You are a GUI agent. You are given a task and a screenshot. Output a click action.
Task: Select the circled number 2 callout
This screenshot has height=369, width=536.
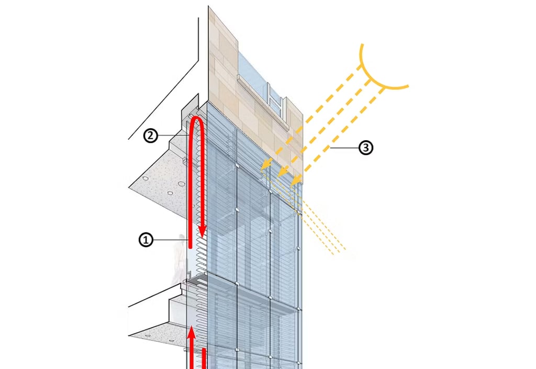(x=150, y=136)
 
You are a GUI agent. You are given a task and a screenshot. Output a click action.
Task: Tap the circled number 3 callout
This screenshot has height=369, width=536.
(x=365, y=148)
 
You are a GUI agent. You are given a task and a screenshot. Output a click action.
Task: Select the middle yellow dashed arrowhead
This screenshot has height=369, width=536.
(x=282, y=173)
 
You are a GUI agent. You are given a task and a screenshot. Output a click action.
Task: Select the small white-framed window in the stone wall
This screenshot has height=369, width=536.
(x=276, y=99)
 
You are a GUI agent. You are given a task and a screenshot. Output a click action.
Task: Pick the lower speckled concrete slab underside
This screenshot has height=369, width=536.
(x=157, y=332)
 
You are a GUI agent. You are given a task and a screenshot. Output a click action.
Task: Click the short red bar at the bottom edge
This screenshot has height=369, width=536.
(x=203, y=359)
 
